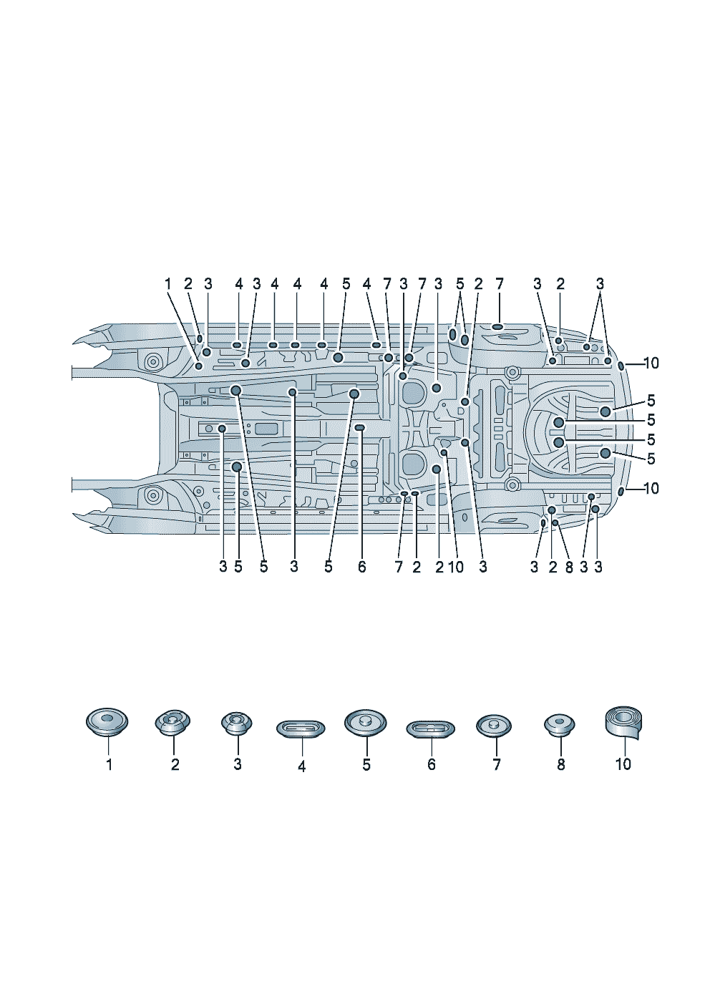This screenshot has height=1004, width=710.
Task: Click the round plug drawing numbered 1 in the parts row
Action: pos(107,722)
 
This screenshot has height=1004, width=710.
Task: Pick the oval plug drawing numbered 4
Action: pos(301,728)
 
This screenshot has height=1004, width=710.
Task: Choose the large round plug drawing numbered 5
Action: pos(366,723)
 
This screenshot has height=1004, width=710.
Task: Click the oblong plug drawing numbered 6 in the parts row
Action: pos(430,728)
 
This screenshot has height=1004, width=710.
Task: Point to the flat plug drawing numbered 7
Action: pos(494,726)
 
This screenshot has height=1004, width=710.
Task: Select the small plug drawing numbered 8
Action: pos(560,725)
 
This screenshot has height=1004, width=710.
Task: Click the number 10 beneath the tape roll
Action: pos(623,764)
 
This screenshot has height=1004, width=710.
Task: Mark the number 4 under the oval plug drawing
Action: pos(301,766)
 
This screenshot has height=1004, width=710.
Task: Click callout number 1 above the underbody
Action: pos(168,283)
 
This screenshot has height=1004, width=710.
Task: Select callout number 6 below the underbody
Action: pos(361,567)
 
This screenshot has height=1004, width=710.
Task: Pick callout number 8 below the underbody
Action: pos(569,567)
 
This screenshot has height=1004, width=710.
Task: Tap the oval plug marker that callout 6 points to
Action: pos(360,428)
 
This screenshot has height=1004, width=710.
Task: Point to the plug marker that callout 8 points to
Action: pos(555,522)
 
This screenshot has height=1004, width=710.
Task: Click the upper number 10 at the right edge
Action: pos(651,363)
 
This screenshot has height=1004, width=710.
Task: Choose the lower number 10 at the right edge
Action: pos(651,488)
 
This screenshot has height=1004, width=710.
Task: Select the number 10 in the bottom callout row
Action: pos(455,567)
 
